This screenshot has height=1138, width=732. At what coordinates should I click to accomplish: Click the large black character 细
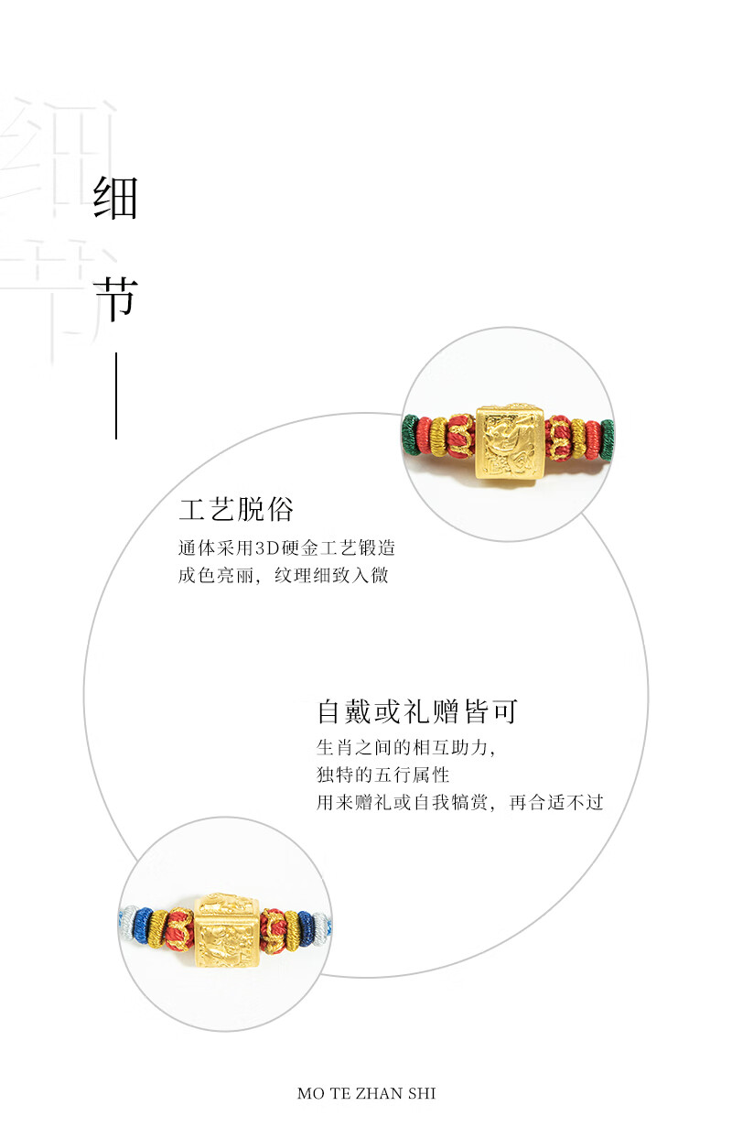click(x=115, y=198)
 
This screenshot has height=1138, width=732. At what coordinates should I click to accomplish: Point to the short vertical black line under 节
click(x=116, y=396)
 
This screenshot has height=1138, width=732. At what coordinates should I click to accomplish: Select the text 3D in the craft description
click(x=264, y=548)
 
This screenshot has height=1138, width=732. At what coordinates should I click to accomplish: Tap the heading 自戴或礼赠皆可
click(x=417, y=712)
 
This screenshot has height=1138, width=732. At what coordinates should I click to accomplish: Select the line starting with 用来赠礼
click(x=459, y=803)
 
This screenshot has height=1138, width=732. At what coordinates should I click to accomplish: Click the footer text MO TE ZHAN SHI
click(x=366, y=1093)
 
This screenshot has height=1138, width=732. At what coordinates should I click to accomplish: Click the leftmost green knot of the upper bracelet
click(x=409, y=433)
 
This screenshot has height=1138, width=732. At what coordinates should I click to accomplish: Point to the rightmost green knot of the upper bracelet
click(x=607, y=433)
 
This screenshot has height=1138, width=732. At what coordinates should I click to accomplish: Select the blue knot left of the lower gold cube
click(x=144, y=927)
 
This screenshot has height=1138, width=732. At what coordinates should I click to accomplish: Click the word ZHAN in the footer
click(x=376, y=1093)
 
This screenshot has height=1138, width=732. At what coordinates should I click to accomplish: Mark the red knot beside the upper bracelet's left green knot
click(x=424, y=434)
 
